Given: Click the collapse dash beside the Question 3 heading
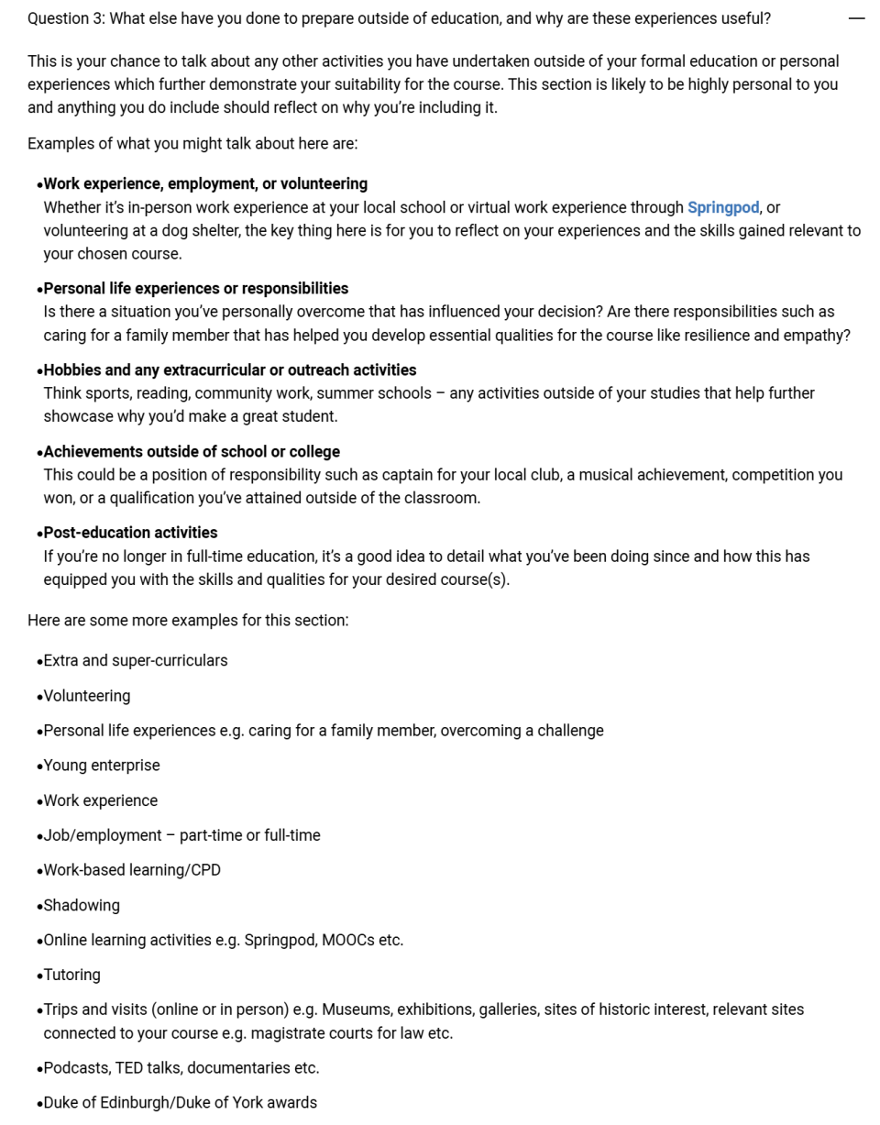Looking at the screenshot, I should click(x=856, y=18).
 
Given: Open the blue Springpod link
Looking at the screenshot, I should click(x=722, y=207).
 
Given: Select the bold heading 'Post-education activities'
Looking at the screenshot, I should click(x=130, y=533).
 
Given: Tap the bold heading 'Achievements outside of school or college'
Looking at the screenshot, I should click(x=192, y=452).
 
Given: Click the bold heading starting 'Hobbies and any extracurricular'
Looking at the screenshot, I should click(x=229, y=370).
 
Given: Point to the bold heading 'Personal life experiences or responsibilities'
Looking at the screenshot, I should click(x=195, y=289).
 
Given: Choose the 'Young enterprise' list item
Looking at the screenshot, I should click(x=101, y=766).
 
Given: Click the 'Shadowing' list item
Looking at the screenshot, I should click(x=82, y=906).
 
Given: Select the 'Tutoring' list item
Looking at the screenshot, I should click(x=71, y=976).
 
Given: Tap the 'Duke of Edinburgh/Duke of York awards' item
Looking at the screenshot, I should click(x=180, y=1103).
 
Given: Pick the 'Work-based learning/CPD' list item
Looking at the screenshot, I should click(x=132, y=870).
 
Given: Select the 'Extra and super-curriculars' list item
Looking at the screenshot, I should click(x=136, y=661).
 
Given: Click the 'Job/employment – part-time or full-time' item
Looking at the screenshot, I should click(x=181, y=835).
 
